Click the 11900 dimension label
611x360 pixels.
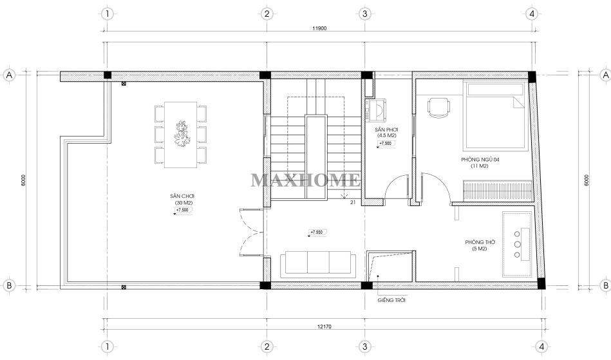[x=319, y=28]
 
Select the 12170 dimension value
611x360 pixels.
[x=324, y=327]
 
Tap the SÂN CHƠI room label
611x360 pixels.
[x=182, y=196]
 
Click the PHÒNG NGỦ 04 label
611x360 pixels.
[x=480, y=160]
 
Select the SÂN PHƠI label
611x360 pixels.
[x=386, y=129]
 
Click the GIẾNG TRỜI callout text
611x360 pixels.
[x=391, y=300]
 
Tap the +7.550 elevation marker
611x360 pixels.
[x=317, y=232]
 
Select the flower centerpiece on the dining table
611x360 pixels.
[x=182, y=134]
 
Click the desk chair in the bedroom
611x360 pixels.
[x=439, y=107]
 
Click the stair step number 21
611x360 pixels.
[x=353, y=202]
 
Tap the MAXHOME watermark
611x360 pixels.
[x=305, y=180]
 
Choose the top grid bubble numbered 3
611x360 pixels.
[x=364, y=14]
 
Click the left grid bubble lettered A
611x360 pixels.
[x=10, y=75]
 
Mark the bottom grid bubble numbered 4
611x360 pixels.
[x=541, y=346]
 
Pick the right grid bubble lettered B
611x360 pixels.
[x=606, y=285]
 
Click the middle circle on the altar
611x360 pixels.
[x=517, y=244]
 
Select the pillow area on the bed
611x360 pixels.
[x=495, y=90]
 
